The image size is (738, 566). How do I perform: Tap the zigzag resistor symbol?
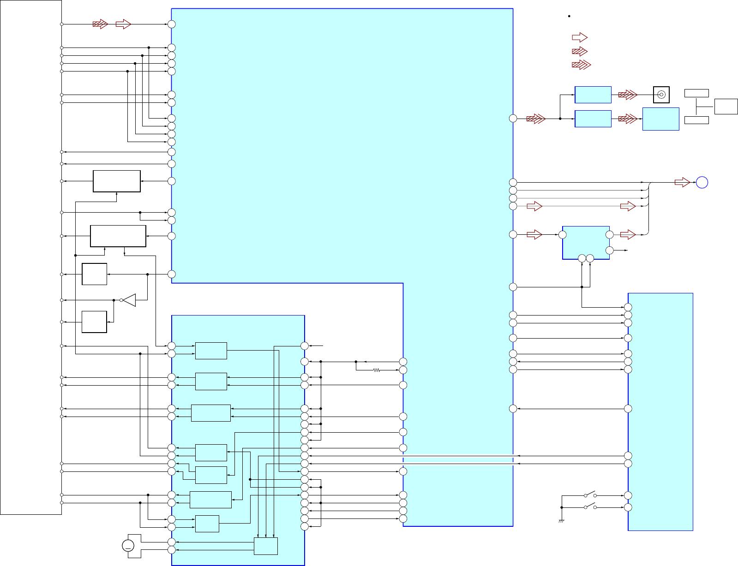tap(377, 370)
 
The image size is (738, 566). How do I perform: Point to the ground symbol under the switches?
tap(562, 521)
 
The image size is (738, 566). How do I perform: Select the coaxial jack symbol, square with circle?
tap(661, 95)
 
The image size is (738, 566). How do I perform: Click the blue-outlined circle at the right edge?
tap(702, 183)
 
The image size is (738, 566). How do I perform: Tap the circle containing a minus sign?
tap(128, 546)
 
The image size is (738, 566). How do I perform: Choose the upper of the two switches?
tap(590, 495)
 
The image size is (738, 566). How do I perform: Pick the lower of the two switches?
tap(590, 506)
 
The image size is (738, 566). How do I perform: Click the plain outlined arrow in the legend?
tap(580, 37)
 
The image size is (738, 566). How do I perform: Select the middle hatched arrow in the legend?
tap(580, 51)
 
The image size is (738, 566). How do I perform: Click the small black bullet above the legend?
tap(570, 16)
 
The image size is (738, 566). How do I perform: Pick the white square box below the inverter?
tap(94, 322)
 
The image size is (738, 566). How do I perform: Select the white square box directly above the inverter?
tap(94, 274)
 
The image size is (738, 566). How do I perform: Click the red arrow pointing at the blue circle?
tap(682, 183)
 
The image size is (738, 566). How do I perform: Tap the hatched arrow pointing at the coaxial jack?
tap(628, 95)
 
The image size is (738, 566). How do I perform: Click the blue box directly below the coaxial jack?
tap(660, 119)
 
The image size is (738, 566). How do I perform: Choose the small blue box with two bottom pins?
tap(586, 243)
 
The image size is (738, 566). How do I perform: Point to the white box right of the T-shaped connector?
tap(726, 107)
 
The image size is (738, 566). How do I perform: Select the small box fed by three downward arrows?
tap(266, 546)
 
